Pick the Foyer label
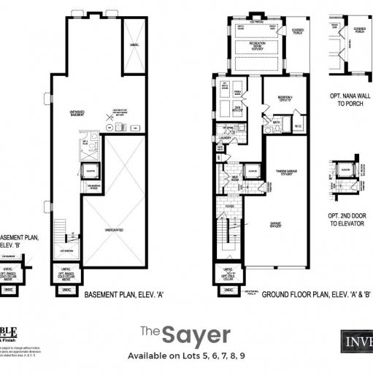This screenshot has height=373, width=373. click(x=228, y=207)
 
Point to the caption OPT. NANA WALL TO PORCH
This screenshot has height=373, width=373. click(x=347, y=100)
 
